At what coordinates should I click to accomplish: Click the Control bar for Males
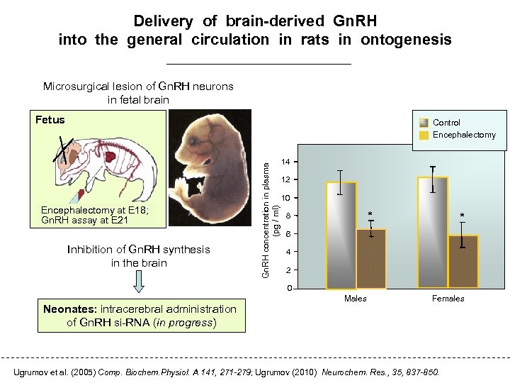click(x=341, y=238)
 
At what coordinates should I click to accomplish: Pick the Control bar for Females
click(x=433, y=234)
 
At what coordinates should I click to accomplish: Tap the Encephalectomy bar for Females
click(x=463, y=262)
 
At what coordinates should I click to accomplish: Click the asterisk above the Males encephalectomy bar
click(x=368, y=213)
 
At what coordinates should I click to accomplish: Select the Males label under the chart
click(x=355, y=299)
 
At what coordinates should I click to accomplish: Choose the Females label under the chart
click(x=448, y=299)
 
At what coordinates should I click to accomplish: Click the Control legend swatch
click(x=424, y=123)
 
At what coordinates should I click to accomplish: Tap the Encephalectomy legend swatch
click(x=424, y=135)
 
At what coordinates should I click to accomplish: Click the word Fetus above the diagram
click(x=50, y=120)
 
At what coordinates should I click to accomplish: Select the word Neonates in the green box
click(x=69, y=309)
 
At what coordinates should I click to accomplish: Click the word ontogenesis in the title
click(x=406, y=40)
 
